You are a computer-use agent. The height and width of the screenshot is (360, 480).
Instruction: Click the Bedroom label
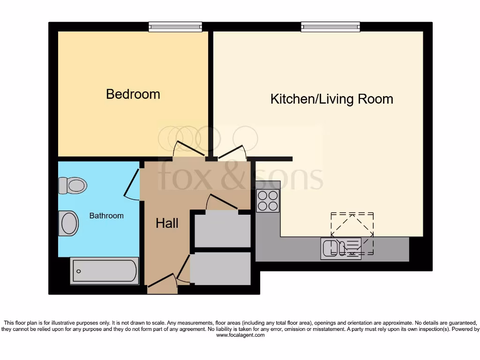[133, 94]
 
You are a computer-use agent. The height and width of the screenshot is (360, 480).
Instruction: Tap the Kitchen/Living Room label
[331, 99]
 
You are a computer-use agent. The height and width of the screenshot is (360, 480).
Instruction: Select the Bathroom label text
[106, 216]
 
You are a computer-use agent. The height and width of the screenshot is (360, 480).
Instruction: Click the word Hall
[167, 223]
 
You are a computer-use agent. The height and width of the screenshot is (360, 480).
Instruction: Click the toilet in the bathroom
[73, 185]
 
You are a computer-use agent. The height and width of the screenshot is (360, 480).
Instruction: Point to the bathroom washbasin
[68, 223]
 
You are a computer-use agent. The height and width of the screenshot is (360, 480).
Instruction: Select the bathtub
[105, 271]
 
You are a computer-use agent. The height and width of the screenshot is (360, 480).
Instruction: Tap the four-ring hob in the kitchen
[268, 201]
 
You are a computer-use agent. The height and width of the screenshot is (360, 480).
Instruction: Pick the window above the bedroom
[175, 27]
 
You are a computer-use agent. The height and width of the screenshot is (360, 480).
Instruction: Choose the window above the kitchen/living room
[330, 27]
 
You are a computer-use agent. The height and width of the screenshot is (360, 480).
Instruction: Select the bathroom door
[132, 185]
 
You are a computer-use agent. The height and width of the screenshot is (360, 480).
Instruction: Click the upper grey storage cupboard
[223, 230]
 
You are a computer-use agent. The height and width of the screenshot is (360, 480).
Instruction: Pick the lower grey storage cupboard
[220, 269]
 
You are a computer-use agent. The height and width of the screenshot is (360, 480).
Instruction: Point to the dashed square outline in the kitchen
[352, 233]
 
